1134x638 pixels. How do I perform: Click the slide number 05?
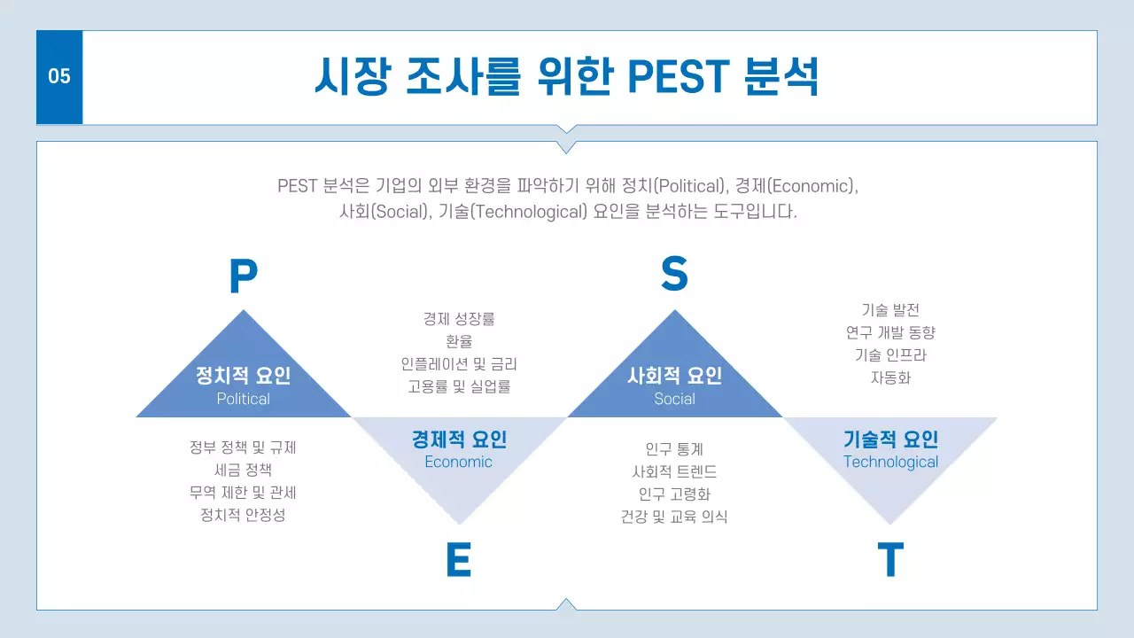pyautogui.click(x=58, y=77)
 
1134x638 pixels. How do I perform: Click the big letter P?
pyautogui.click(x=243, y=276)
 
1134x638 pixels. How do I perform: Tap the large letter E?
pyautogui.click(x=458, y=560)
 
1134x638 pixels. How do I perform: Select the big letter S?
pyautogui.click(x=674, y=275)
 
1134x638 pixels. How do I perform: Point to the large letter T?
pyautogui.click(x=889, y=560)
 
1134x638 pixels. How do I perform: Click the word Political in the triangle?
pyautogui.click(x=243, y=399)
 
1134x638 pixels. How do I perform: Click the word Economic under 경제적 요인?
pyautogui.click(x=458, y=462)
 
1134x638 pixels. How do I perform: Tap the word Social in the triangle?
pyautogui.click(x=674, y=399)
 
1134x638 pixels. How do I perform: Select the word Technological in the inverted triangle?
pyautogui.click(x=890, y=462)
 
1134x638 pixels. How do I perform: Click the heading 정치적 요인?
pyautogui.click(x=243, y=375)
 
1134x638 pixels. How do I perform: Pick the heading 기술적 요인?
pyautogui.click(x=890, y=439)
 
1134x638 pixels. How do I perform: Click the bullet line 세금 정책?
pyautogui.click(x=243, y=470)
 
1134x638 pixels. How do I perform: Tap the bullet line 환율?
pyautogui.click(x=458, y=341)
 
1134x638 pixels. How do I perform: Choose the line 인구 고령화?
pyautogui.click(x=674, y=494)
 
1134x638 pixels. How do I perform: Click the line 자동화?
pyautogui.click(x=890, y=377)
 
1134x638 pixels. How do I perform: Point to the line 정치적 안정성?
pyautogui.click(x=243, y=515)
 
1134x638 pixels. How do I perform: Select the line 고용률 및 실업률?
pyautogui.click(x=458, y=386)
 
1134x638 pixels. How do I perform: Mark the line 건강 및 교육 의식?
pyautogui.click(x=674, y=517)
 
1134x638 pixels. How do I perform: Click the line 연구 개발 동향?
pyautogui.click(x=890, y=332)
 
